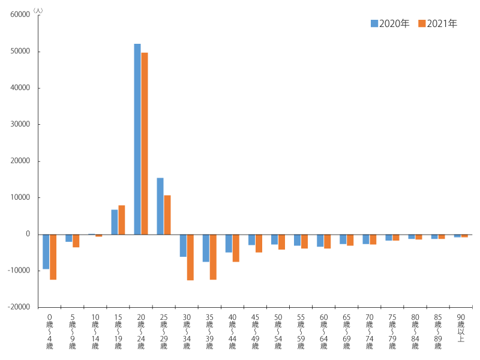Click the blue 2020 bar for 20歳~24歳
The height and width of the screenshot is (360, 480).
point(137,139)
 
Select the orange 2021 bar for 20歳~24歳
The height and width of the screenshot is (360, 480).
point(145,143)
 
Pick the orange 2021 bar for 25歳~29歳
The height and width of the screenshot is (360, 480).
point(167,215)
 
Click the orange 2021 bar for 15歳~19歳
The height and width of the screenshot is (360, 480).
point(122,220)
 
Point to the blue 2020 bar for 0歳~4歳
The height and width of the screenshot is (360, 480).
point(46,251)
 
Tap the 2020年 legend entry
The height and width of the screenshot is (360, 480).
point(390,24)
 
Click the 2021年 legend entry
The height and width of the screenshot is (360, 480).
point(437,24)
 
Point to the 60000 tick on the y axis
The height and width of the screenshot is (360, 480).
point(21,15)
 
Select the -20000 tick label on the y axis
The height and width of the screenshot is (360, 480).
point(19,307)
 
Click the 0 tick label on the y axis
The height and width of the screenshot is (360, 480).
point(28,234)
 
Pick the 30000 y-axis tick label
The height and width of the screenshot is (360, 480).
point(21,125)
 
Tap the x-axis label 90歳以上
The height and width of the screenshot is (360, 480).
point(461,328)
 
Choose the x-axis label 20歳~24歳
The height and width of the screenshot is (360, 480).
point(141,331)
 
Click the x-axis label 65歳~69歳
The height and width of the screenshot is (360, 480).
point(347,331)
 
